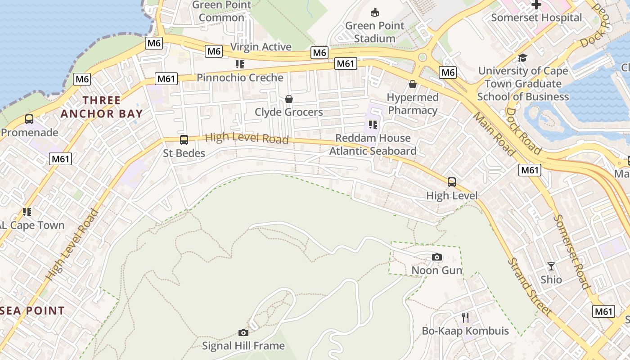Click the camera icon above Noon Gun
[x=436, y=257]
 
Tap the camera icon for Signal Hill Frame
[x=243, y=333]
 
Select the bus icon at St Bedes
[x=184, y=140]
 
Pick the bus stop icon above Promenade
[x=29, y=119]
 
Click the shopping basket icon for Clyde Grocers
[x=289, y=99]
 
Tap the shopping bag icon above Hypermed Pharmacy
[x=412, y=84]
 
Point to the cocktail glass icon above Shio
[x=551, y=266]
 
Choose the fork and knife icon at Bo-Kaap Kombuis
[x=465, y=318]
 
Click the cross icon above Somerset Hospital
[x=536, y=5]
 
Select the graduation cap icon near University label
[x=522, y=58]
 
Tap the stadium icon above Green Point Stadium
[x=374, y=12]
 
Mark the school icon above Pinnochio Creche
[x=240, y=64]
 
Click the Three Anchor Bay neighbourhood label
[x=102, y=107]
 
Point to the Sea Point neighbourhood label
[x=32, y=310]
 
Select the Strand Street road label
[x=529, y=286]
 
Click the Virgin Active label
[x=261, y=47]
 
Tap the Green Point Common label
[x=221, y=11]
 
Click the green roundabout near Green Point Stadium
[x=422, y=57]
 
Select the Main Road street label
[x=494, y=134]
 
